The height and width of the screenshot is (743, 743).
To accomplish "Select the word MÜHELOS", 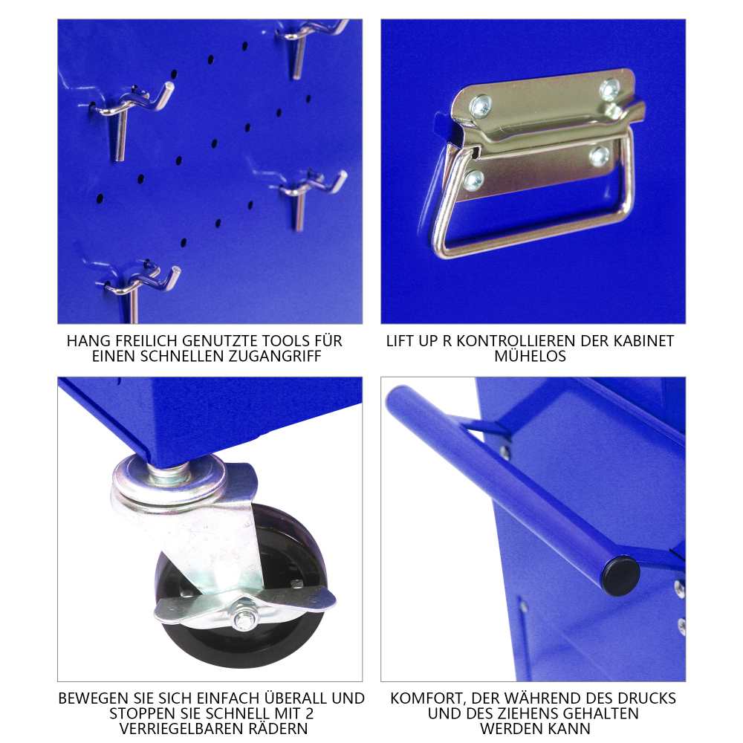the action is (530, 356).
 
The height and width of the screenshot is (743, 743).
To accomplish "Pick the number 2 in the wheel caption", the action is (310, 713).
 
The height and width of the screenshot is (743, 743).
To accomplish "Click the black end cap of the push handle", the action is (620, 575).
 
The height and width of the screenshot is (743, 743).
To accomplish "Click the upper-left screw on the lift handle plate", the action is (481, 106).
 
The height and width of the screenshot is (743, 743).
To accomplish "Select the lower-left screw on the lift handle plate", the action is (474, 180).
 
